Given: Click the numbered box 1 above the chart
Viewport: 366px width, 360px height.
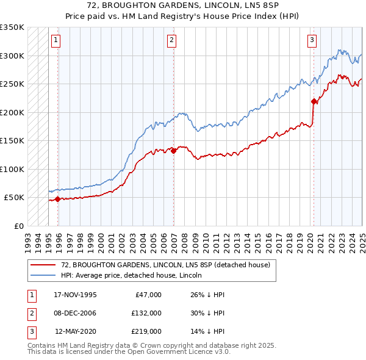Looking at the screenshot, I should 56,40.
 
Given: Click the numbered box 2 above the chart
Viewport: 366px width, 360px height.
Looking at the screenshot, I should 171,40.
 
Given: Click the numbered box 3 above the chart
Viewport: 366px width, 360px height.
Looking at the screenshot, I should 312,40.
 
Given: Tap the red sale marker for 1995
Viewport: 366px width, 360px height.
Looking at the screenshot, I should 57,199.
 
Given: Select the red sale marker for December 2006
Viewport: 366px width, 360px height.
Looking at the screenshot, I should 174,150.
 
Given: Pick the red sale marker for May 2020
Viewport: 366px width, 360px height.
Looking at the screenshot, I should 314,101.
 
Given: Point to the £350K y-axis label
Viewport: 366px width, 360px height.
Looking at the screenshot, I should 12,27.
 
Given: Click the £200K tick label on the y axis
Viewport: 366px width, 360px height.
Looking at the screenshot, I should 12,112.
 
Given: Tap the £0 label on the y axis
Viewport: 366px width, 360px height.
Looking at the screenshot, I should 18,226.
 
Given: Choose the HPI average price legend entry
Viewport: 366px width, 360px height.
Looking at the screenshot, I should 131,275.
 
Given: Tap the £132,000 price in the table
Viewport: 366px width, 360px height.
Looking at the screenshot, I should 146,313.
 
